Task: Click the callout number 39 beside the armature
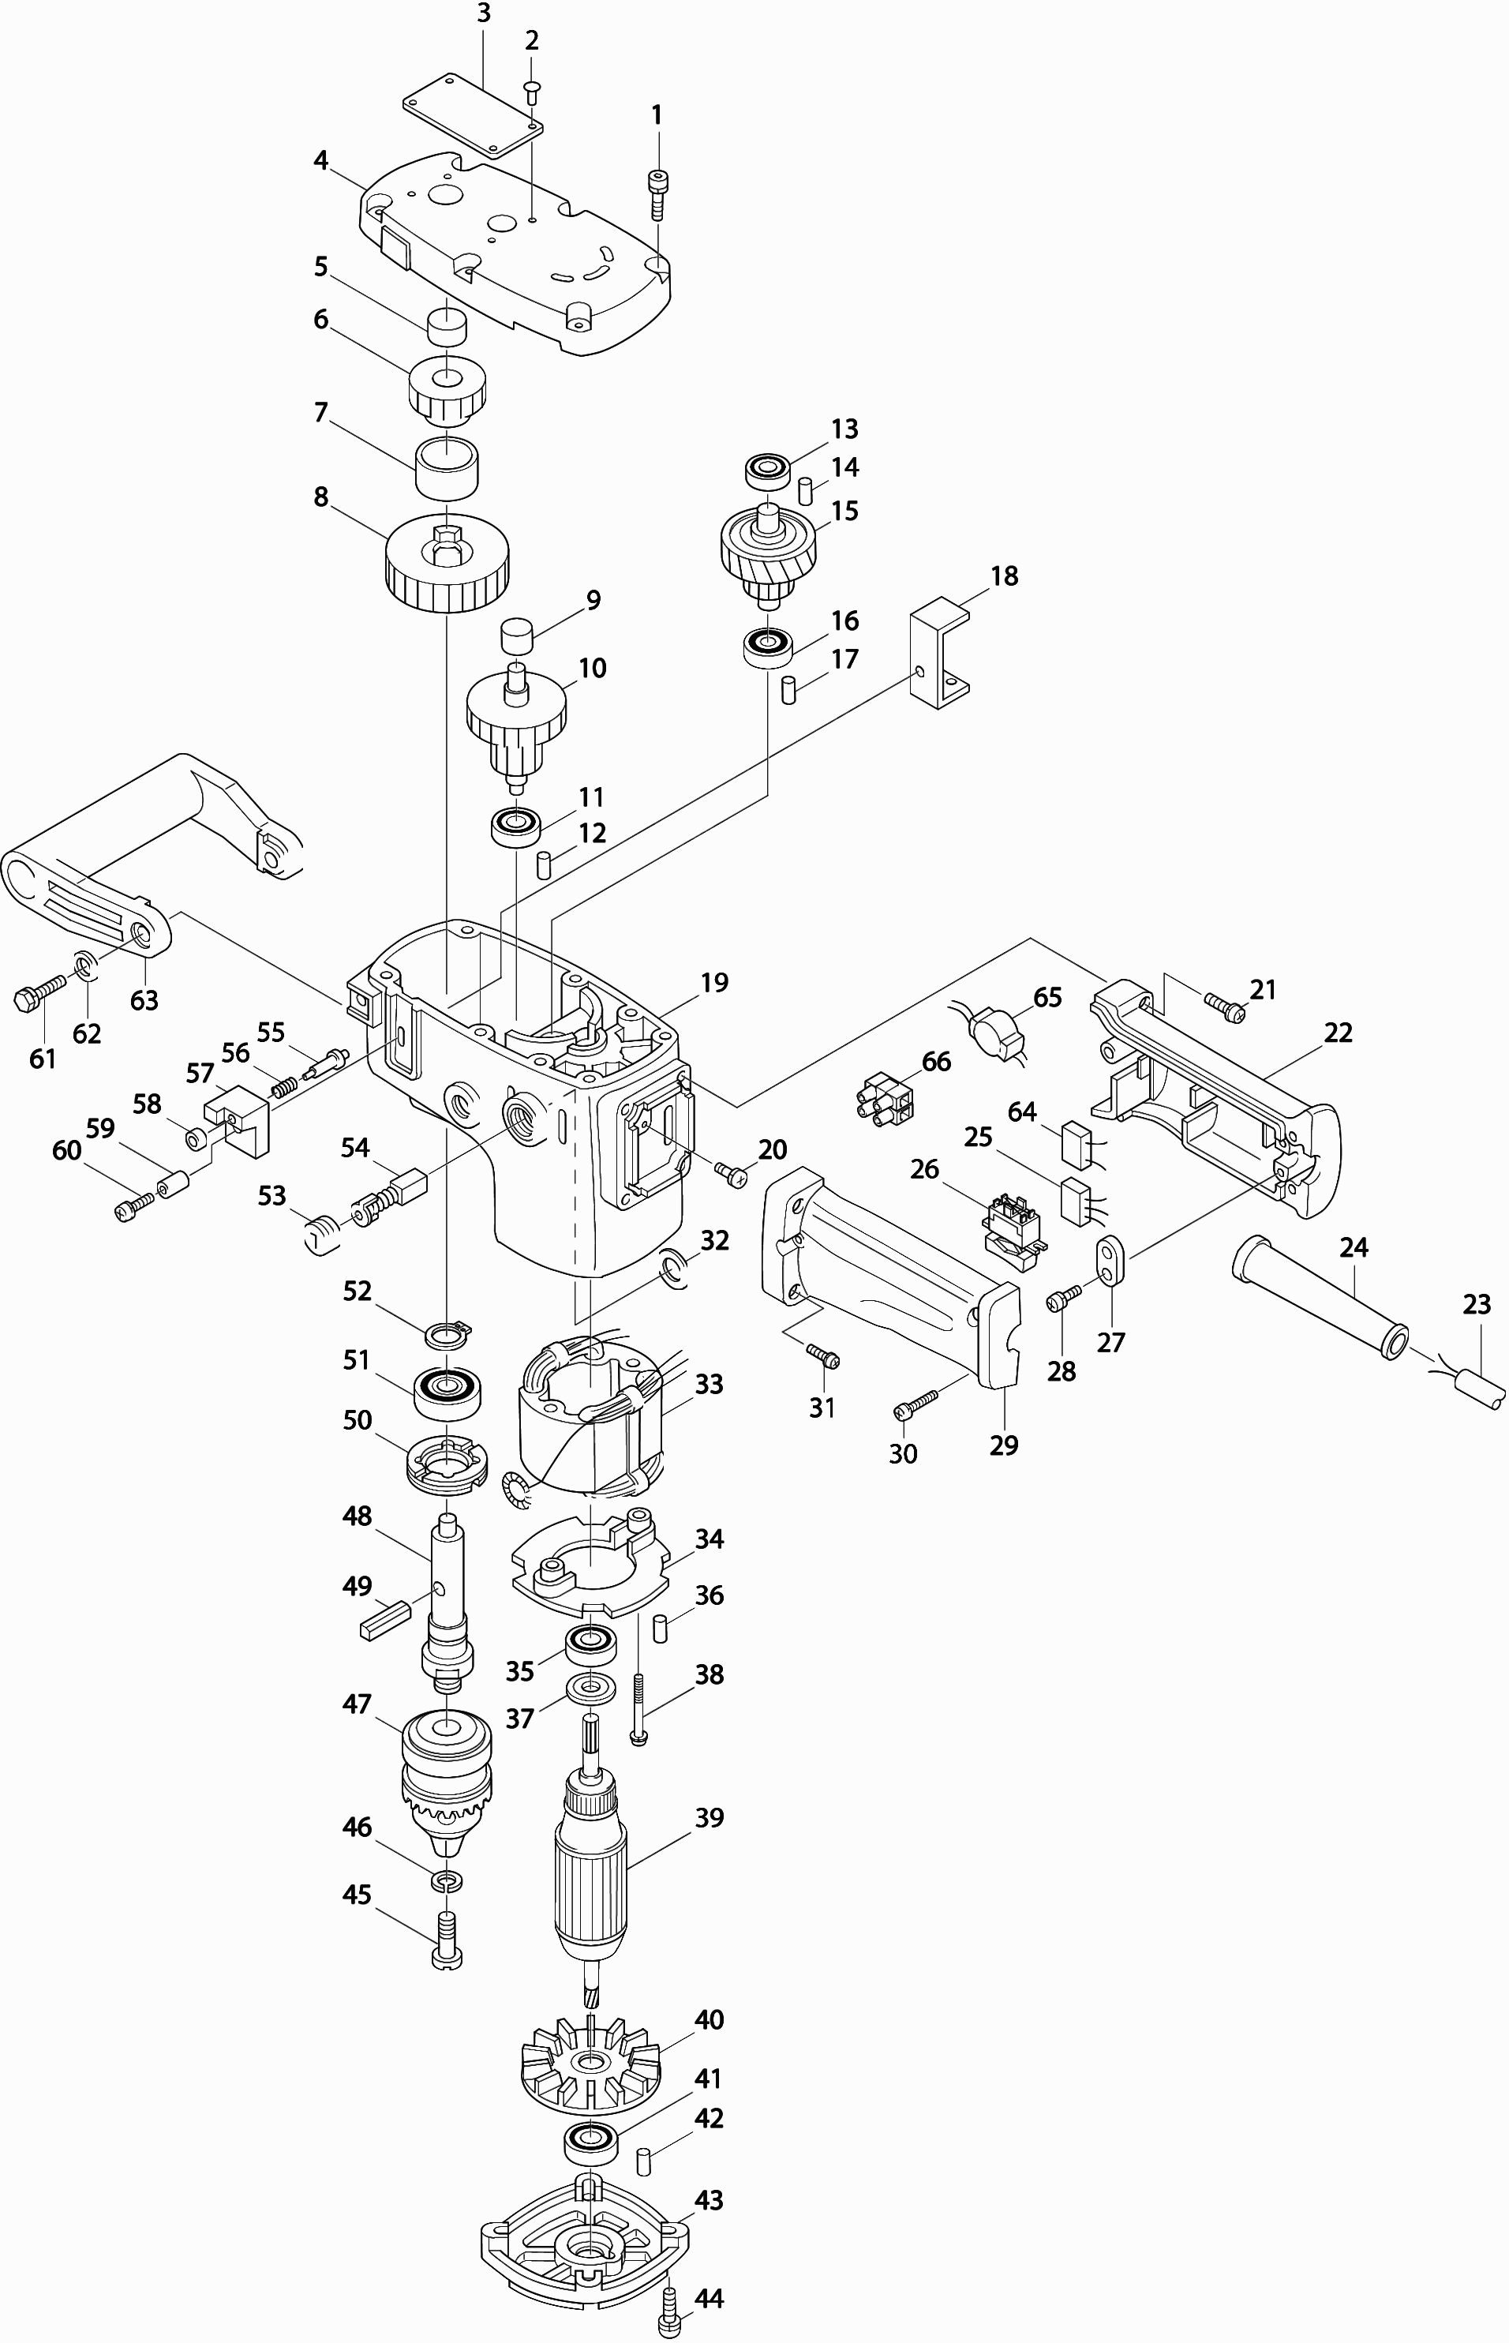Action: (x=709, y=1818)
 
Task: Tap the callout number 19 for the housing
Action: (x=714, y=982)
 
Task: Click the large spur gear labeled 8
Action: (x=447, y=564)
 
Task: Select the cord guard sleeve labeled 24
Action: (x=1321, y=1298)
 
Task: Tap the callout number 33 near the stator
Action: (x=709, y=1384)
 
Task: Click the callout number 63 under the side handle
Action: (x=144, y=1000)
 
